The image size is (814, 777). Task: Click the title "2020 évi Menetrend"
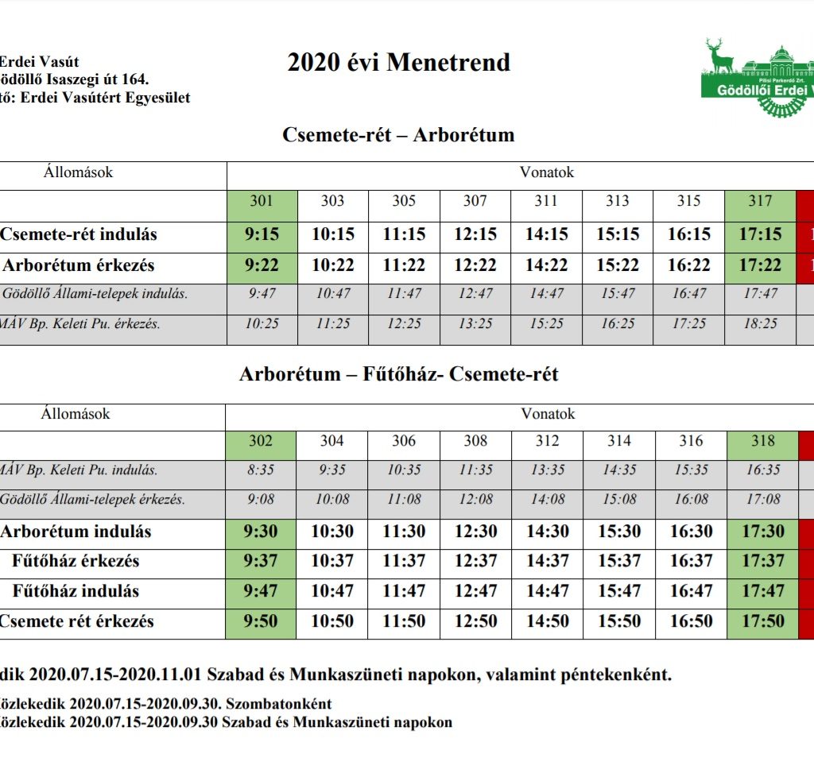(x=398, y=63)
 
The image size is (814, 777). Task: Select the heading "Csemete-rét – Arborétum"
(x=398, y=134)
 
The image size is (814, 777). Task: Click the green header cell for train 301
(x=262, y=201)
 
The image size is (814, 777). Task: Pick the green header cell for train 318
(x=761, y=441)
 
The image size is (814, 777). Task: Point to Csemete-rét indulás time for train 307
(x=475, y=234)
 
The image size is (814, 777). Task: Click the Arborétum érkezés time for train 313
(x=618, y=265)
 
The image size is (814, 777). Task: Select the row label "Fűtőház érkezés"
(x=76, y=561)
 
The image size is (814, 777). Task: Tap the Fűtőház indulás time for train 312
(x=547, y=591)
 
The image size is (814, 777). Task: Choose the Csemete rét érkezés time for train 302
(x=261, y=621)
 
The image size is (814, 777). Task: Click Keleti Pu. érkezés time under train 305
(x=404, y=324)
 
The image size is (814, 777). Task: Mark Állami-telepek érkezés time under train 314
(x=618, y=500)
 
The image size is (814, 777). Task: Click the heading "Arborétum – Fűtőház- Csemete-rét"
(x=398, y=374)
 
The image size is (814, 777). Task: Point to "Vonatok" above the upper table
(x=546, y=172)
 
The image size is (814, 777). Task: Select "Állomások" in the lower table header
(x=77, y=414)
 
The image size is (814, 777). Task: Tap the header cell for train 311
(x=546, y=201)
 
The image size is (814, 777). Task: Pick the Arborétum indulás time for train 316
(x=691, y=532)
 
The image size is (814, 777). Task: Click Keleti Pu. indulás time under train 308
(x=475, y=470)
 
